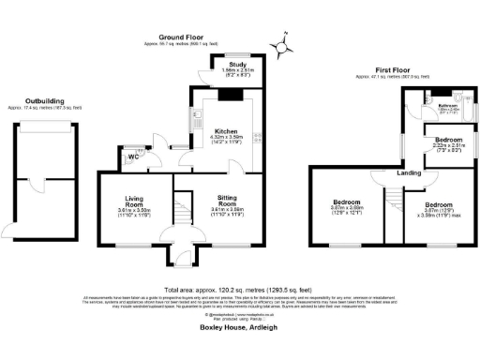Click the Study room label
click(x=223, y=65)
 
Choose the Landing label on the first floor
click(x=408, y=172)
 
